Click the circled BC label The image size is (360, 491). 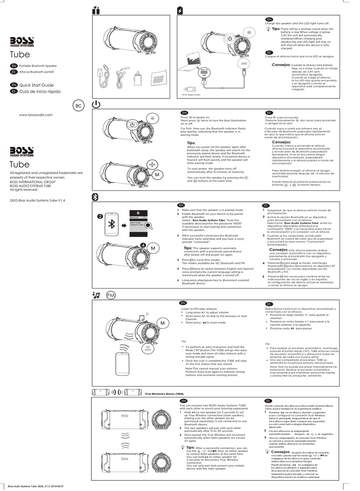[78, 106]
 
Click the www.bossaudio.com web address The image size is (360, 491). [36, 115]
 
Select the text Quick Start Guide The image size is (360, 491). [36, 85]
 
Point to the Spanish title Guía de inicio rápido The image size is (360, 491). [39, 92]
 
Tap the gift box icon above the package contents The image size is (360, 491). [96, 11]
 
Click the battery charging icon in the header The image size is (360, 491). [180, 11]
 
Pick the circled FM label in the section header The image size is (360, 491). [111, 295]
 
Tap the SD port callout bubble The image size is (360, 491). [148, 348]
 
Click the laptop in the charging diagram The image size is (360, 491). [194, 63]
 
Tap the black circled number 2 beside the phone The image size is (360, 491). [100, 217]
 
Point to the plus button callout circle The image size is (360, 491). [152, 165]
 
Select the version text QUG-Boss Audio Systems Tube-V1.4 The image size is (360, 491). [37, 201]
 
